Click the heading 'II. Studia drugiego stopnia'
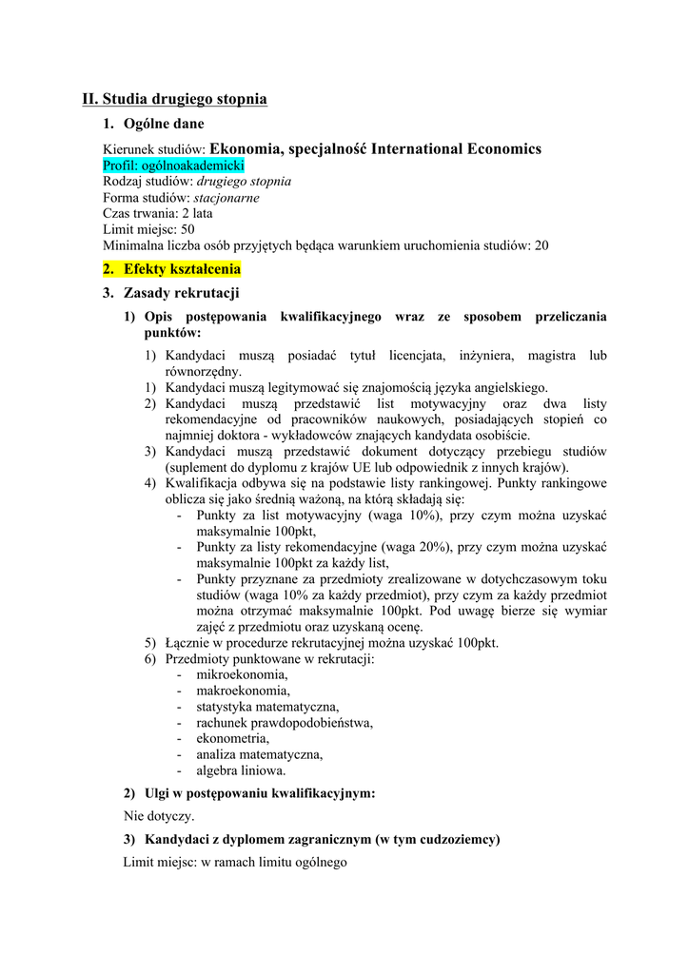174,99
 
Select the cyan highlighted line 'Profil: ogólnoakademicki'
174,166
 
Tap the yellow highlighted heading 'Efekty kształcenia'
182,269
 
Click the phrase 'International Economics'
456,148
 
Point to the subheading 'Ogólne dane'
164,124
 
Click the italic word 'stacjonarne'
226,198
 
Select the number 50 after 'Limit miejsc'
187,229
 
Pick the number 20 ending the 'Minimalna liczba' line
541,245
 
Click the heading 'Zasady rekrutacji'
181,293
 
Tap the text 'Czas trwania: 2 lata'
158,214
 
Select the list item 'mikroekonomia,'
242,674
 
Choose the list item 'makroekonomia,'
244,691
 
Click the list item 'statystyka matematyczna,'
267,707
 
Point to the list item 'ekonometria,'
233,738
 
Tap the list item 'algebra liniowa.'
241,770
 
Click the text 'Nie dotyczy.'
159,816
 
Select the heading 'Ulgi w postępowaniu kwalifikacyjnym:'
259,793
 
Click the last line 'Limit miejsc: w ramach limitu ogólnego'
235,863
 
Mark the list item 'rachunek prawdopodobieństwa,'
285,722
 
